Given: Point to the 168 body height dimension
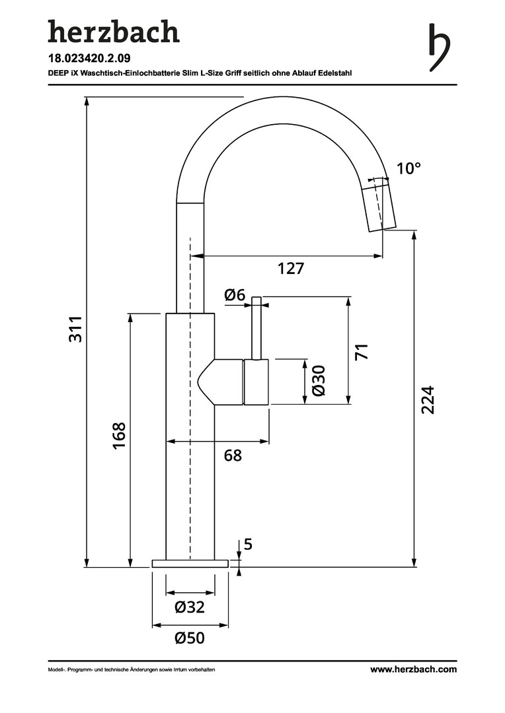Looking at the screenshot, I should point(119,436).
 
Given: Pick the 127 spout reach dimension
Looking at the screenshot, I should point(290,269).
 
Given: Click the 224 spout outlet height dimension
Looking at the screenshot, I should point(428,399).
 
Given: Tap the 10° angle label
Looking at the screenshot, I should point(408,168).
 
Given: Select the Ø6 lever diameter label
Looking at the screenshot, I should point(235,295).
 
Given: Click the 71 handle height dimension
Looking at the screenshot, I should point(361,351).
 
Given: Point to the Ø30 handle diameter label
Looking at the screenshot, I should point(318,381).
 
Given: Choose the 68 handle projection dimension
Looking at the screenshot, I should point(233,455).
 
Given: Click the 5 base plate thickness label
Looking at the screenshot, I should point(249,545).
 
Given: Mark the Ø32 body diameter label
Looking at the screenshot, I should point(190,607).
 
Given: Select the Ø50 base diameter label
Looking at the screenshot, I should point(190,638).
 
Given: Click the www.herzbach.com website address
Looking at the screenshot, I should point(413,669).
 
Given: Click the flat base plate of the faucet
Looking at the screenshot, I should point(190,563).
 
